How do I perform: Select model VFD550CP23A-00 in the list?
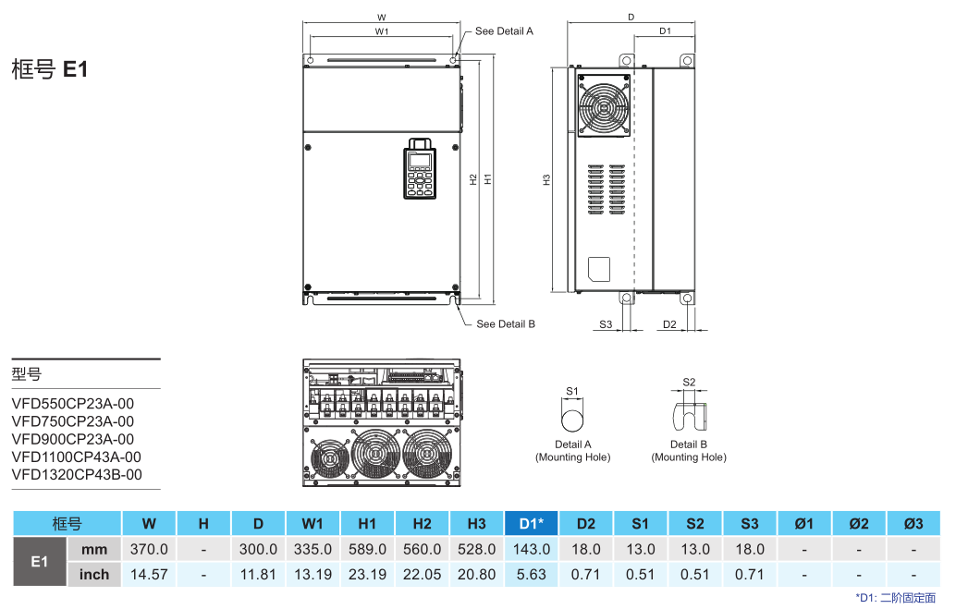tap(72, 403)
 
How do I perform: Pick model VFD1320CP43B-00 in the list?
tap(77, 475)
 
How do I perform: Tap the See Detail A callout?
tap(504, 31)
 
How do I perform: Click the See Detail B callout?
tap(506, 324)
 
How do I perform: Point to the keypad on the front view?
tap(420, 170)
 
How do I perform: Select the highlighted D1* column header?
tap(531, 524)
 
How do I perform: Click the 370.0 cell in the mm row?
tap(149, 549)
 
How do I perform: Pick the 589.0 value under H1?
tap(367, 549)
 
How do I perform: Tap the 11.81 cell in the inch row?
tap(258, 574)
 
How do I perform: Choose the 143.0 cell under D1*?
tap(531, 549)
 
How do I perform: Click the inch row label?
tap(94, 574)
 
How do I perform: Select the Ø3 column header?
tap(913, 524)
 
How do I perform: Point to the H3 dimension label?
tap(546, 179)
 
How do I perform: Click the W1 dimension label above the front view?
tap(381, 31)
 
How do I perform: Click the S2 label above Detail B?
tap(689, 382)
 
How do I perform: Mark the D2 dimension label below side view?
tap(669, 324)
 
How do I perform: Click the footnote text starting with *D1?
tap(895, 598)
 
